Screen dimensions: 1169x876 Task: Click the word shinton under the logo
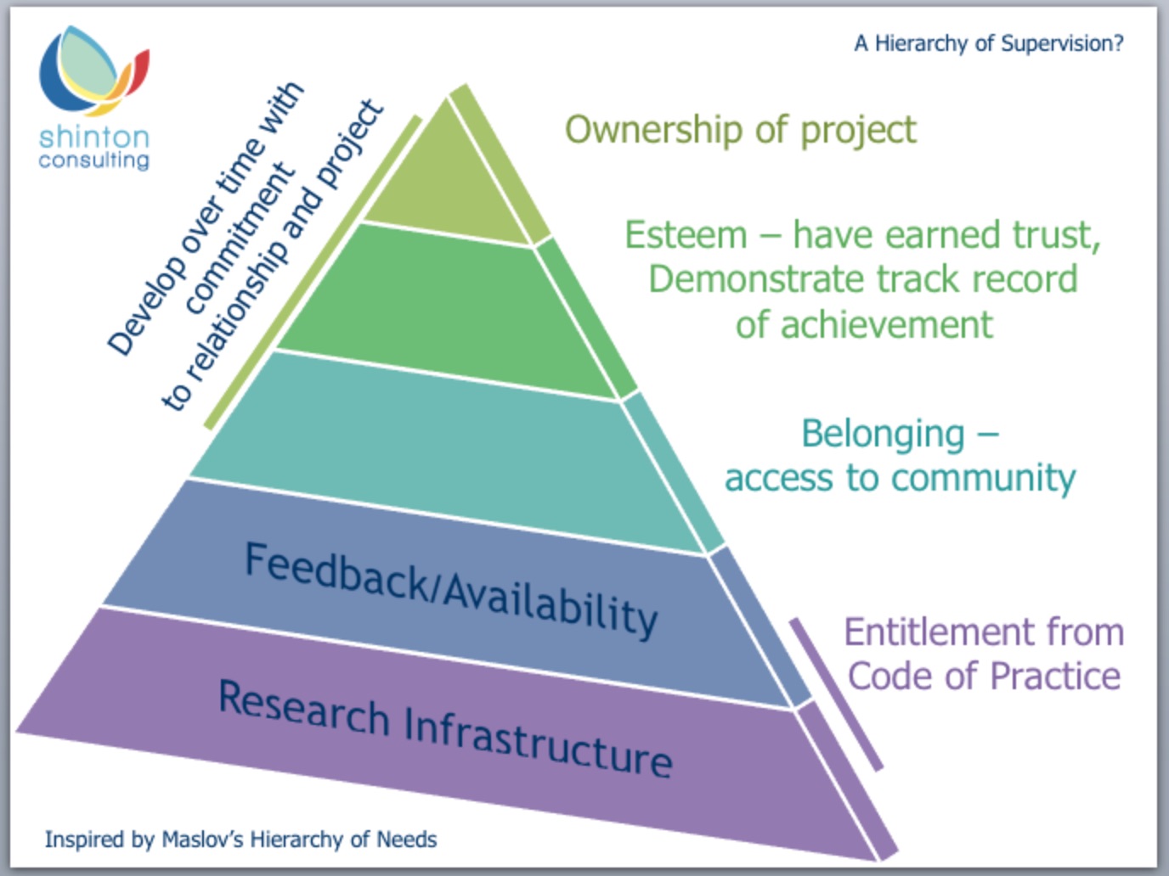coord(94,138)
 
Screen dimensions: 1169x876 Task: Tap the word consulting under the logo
coord(93,160)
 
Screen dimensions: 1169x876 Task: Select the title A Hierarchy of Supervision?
coord(989,43)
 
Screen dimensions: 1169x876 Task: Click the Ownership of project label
coord(741,131)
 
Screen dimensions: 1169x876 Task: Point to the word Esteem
coord(686,234)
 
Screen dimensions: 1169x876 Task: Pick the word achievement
coord(887,324)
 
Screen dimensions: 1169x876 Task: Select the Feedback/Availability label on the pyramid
coord(451,591)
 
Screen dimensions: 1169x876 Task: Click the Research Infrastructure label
coord(445,727)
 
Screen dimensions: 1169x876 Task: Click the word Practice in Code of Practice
coord(1055,677)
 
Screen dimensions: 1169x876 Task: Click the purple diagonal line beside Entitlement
coord(836,694)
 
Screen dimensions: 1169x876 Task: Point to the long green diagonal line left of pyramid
coord(313,272)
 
